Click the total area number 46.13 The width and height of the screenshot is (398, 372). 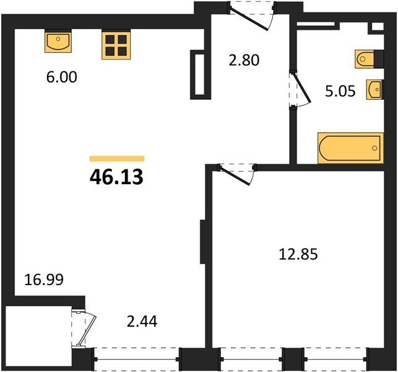(116, 177)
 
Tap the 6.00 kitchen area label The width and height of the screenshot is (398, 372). (61, 77)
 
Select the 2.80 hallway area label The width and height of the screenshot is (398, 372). (244, 61)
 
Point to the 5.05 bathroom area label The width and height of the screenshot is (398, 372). (340, 91)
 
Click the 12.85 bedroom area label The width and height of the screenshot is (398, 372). (298, 254)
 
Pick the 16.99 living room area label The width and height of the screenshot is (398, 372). (44, 280)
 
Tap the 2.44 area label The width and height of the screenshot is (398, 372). (142, 321)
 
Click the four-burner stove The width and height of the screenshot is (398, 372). (116, 45)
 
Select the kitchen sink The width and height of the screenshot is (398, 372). (58, 41)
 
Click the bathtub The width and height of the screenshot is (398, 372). (350, 148)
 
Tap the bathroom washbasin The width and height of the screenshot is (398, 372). (374, 89)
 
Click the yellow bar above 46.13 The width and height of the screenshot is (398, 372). (117, 159)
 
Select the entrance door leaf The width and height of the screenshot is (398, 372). (249, 20)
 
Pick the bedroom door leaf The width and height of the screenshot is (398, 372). (235, 175)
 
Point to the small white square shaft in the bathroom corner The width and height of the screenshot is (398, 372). (378, 27)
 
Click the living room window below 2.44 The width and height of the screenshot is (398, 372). (137, 359)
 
